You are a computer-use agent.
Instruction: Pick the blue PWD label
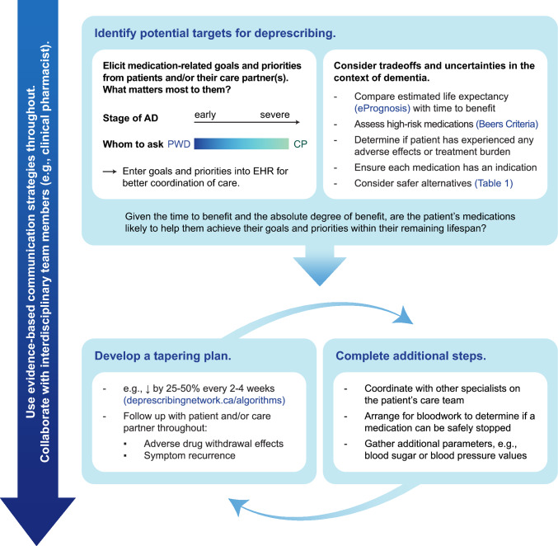point(178,144)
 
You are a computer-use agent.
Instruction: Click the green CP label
point(298,144)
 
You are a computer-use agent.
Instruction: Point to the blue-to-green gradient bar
point(240,144)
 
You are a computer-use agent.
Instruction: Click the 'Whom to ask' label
point(134,144)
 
